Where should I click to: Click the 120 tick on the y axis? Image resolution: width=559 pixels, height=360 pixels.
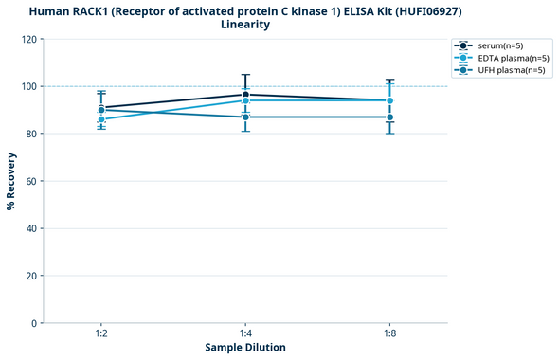(28, 39)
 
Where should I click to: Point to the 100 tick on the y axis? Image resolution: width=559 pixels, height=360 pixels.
(28, 86)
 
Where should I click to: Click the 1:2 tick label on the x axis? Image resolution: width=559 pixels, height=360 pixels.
(101, 334)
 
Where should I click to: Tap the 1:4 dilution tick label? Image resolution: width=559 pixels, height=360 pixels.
(245, 334)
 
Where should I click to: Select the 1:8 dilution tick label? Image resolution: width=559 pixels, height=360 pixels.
(389, 334)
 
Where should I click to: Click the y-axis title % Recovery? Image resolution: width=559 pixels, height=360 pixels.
(11, 181)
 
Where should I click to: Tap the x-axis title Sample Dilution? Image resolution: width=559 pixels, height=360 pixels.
(245, 348)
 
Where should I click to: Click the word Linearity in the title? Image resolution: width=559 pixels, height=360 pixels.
(244, 25)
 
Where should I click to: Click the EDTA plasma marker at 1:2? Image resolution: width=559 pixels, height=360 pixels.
(101, 119)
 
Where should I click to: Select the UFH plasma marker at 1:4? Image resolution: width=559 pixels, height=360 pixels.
(245, 117)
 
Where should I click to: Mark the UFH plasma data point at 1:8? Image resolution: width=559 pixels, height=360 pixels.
(389, 117)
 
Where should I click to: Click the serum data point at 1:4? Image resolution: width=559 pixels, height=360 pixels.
(245, 94)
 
